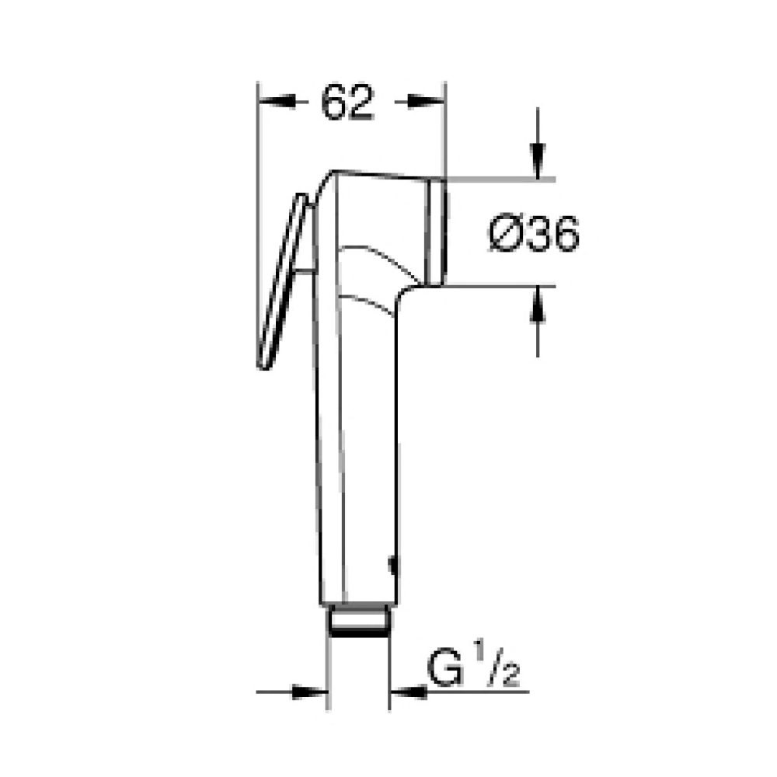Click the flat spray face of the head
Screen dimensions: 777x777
(437, 232)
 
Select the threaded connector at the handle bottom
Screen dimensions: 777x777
(358, 621)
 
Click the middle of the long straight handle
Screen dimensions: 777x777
(357, 451)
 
